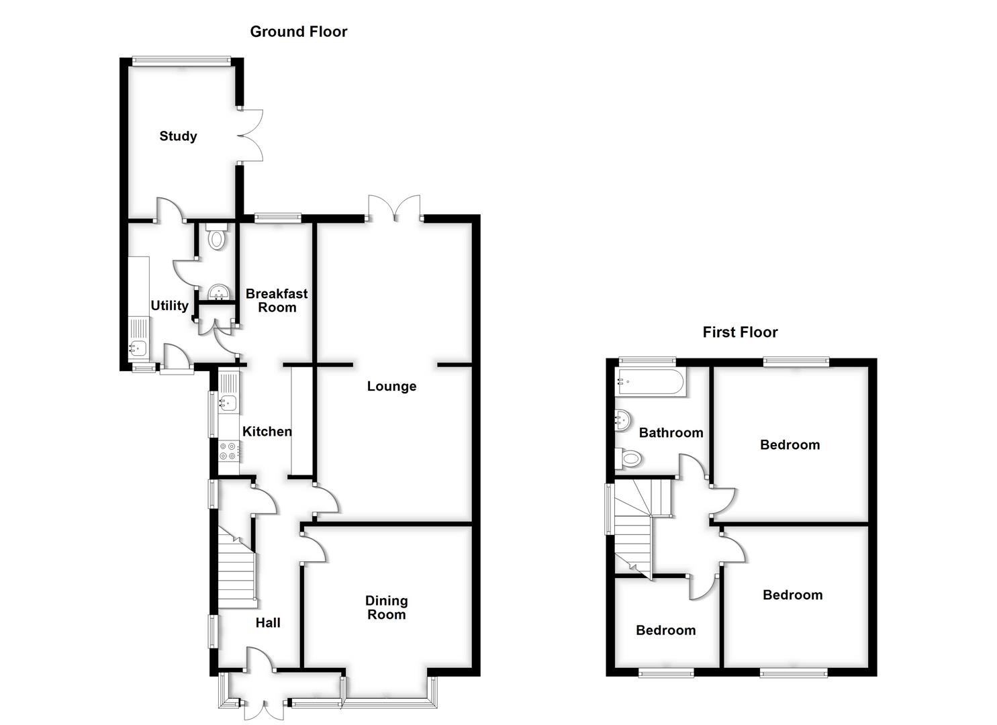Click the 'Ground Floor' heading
pyautogui.click(x=298, y=32)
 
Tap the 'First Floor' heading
pyautogui.click(x=740, y=332)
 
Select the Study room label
pyautogui.click(x=178, y=136)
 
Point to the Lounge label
pyautogui.click(x=391, y=386)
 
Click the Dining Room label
pyautogui.click(x=386, y=608)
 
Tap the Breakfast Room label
pyautogui.click(x=277, y=300)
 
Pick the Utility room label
pyautogui.click(x=169, y=305)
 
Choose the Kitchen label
pyautogui.click(x=267, y=432)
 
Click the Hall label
pyautogui.click(x=268, y=623)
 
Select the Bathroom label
pyautogui.click(x=671, y=433)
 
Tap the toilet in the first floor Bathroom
pyautogui.click(x=629, y=459)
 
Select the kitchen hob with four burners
pyautogui.click(x=229, y=450)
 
